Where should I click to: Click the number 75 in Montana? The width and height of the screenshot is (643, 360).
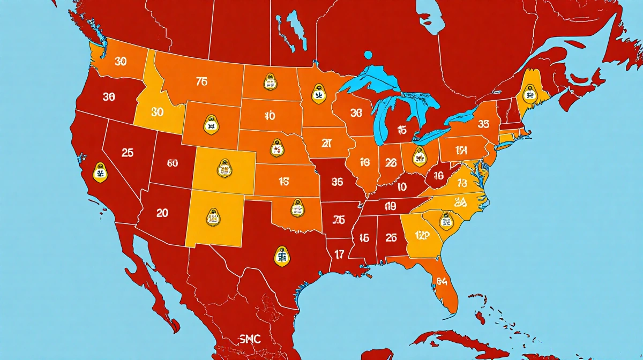201,82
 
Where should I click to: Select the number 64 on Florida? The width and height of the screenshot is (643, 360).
442,281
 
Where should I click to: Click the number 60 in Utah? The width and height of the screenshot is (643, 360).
173,164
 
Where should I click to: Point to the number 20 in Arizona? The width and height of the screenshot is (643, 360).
162,213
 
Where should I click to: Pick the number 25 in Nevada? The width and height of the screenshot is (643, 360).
128,153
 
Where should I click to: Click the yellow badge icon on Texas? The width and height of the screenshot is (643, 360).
281,256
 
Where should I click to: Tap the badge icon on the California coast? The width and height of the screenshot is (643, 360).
99,172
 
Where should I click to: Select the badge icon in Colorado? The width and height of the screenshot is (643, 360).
224,169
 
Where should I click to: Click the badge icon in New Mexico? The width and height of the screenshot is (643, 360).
212,217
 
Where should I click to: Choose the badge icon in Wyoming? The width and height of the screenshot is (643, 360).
210,125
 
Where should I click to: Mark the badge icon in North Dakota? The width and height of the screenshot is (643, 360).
270,82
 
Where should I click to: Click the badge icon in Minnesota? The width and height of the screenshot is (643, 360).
319,95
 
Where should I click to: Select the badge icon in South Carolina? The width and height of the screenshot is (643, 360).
445,220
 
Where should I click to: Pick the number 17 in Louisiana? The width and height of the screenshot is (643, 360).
339,254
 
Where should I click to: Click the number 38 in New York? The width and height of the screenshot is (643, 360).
483,124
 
